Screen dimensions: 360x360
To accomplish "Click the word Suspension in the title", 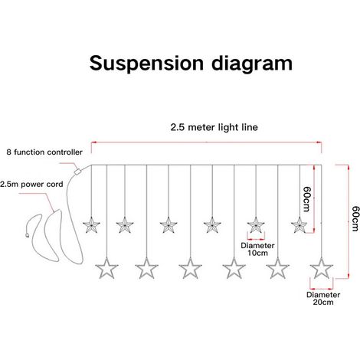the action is click(146, 64).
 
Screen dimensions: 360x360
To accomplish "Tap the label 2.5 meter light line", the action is click(214, 127).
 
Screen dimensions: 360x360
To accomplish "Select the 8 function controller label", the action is click(44, 152).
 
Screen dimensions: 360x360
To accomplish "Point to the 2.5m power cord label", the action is click(31, 185).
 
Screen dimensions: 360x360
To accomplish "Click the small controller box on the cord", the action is click(77, 172).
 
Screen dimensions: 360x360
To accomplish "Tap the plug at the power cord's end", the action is click(27, 235).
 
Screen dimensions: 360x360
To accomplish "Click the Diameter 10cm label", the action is click(257, 249).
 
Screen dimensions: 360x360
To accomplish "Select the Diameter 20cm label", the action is click(323, 299).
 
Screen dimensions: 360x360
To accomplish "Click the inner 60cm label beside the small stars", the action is click(307, 199).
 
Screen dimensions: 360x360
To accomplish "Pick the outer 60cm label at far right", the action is click(355, 218).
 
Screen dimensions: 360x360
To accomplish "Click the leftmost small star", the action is click(91, 225).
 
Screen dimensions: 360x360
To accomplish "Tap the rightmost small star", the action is click(299, 225).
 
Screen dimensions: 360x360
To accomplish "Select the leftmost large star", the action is click(106, 269).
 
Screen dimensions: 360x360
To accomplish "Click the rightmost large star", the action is click(322, 269).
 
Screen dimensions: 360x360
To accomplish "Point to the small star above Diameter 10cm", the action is click(256, 225).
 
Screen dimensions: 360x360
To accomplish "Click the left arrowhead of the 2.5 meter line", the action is click(93, 142).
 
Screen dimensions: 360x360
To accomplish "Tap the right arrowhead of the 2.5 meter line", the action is click(319, 142).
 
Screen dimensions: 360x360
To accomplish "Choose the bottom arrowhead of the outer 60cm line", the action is click(349, 276).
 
